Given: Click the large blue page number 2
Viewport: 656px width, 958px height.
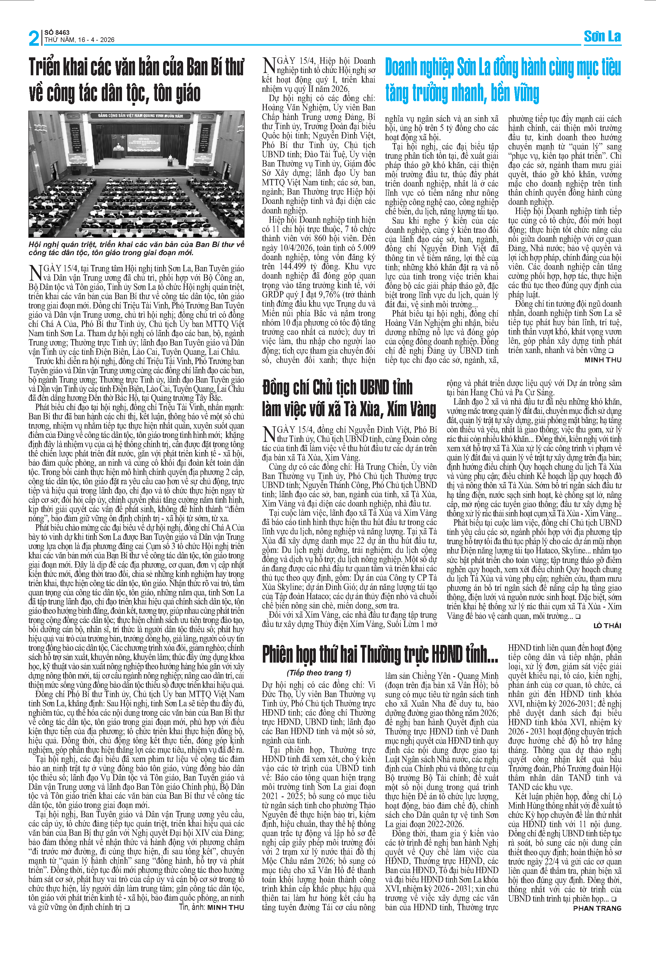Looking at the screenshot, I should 34,38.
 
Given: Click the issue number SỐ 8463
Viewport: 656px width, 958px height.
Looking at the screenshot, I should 57,32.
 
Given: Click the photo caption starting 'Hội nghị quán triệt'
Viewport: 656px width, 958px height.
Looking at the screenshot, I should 136,248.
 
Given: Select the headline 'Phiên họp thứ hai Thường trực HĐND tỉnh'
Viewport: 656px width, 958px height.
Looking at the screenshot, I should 380,654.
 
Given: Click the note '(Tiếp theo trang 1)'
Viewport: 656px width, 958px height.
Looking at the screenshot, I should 319,673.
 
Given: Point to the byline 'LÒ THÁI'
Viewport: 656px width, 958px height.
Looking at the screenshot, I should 607,625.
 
